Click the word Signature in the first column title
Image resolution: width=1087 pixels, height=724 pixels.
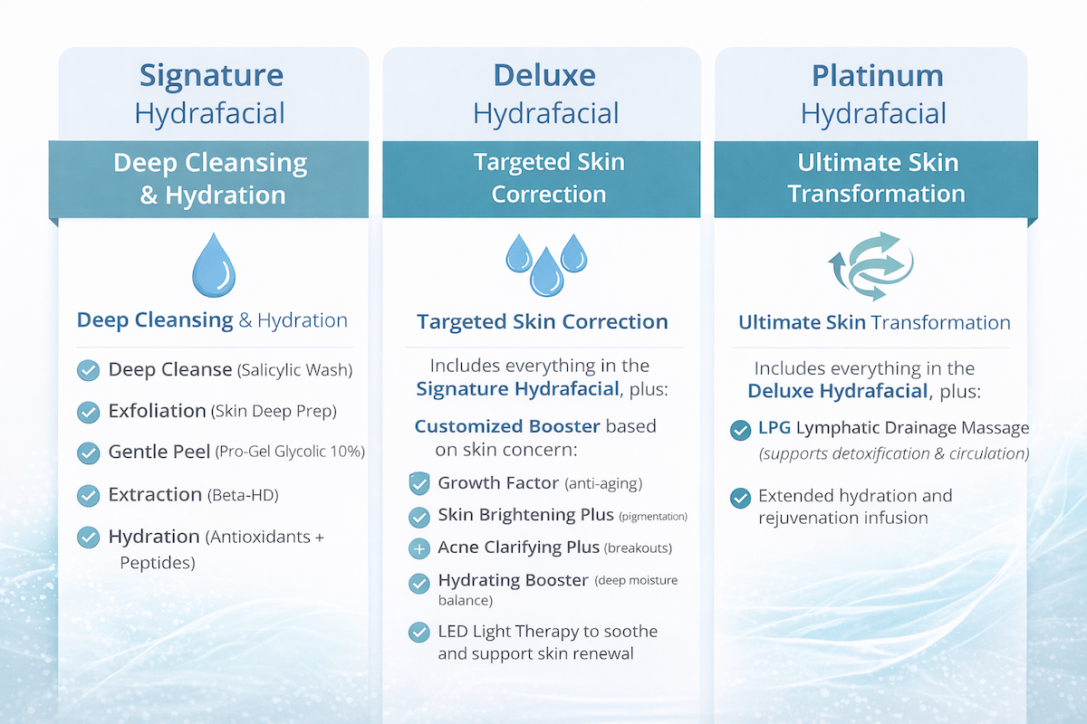tap(211, 75)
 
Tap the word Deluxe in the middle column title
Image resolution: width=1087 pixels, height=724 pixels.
tap(545, 75)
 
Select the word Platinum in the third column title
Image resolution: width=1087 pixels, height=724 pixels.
tap(874, 75)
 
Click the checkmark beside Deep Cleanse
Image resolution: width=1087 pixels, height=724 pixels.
tap(88, 370)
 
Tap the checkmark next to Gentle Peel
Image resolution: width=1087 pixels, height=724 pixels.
tap(88, 452)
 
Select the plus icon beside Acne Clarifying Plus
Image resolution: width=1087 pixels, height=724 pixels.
tap(418, 548)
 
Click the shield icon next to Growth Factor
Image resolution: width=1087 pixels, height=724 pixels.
tap(418, 484)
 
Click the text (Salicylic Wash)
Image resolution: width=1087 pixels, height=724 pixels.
tap(294, 370)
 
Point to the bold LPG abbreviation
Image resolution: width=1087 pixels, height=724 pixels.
tap(774, 428)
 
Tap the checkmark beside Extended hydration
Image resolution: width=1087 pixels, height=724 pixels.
tap(740, 497)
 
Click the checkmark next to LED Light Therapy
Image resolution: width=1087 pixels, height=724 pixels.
tap(418, 632)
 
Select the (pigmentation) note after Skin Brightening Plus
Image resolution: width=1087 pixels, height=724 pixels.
tap(652, 517)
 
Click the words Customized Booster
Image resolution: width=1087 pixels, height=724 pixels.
tap(507, 426)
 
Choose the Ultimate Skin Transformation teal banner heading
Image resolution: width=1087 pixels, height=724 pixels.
tap(876, 178)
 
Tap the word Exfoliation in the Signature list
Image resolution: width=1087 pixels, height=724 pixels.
tap(157, 411)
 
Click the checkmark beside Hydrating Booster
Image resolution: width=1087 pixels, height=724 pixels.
tap(418, 582)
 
